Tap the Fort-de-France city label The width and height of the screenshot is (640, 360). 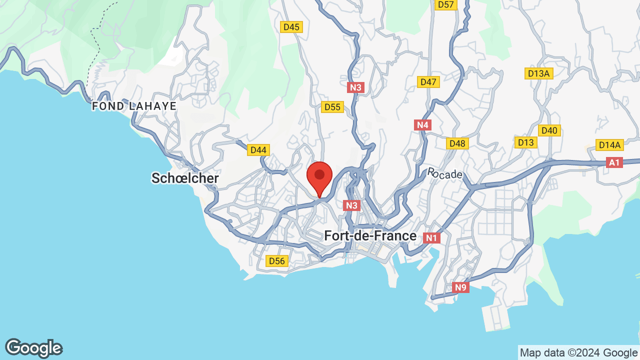[x=370, y=235]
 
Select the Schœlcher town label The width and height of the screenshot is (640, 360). [x=185, y=178]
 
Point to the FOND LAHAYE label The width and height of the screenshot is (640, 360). [x=134, y=106]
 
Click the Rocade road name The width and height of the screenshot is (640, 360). [x=444, y=173]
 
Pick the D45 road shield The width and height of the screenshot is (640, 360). [x=291, y=27]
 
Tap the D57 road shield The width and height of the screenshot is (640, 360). [x=445, y=4]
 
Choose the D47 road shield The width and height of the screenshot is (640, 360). [x=428, y=82]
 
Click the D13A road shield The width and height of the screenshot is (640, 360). [x=539, y=74]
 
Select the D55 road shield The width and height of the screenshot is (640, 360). [x=332, y=107]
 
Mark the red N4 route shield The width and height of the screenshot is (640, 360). [x=423, y=124]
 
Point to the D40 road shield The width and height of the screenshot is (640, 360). [x=549, y=130]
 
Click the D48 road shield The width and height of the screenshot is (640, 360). [x=457, y=143]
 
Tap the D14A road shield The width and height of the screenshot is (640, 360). [x=609, y=145]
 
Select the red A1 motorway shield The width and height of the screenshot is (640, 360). [x=614, y=162]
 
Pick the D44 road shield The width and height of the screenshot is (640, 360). [x=258, y=149]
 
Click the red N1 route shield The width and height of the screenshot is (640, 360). [x=431, y=238]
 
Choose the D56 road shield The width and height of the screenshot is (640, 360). [x=276, y=261]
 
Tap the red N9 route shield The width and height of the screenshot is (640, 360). [x=460, y=287]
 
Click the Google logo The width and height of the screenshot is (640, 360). [x=34, y=348]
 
